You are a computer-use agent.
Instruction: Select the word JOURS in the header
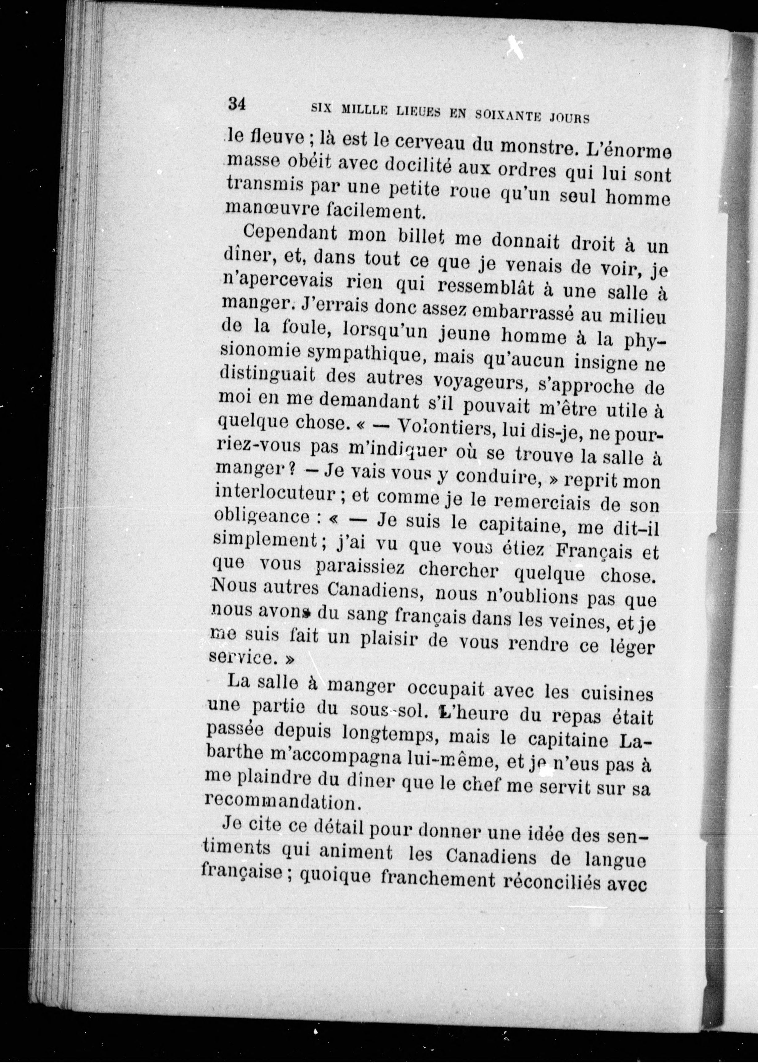point(570,118)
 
